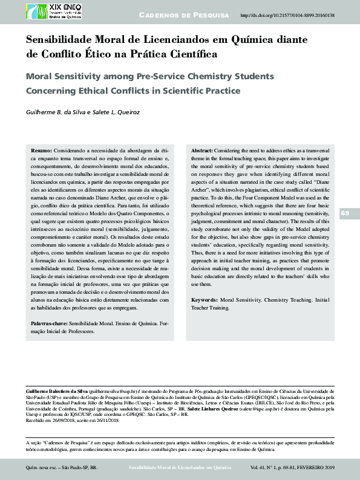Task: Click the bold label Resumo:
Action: tap(41, 149)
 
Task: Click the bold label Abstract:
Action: tap(201, 149)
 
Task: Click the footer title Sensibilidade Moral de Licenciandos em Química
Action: tap(180, 468)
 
